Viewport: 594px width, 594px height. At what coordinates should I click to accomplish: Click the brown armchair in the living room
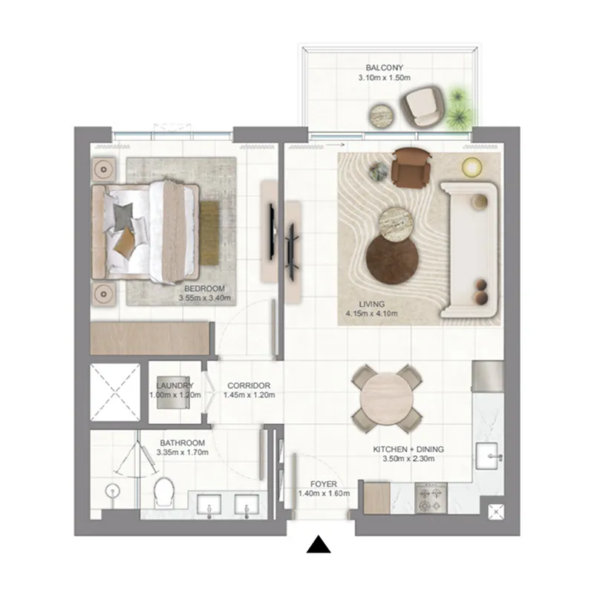pyautogui.click(x=411, y=167)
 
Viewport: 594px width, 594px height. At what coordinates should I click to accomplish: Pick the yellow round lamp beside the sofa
pyautogui.click(x=471, y=166)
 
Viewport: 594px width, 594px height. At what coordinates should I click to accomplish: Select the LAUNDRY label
pyautogui.click(x=175, y=385)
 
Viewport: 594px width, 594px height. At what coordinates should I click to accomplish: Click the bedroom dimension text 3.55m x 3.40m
pyautogui.click(x=206, y=298)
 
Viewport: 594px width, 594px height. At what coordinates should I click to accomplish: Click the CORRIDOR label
pyautogui.click(x=249, y=385)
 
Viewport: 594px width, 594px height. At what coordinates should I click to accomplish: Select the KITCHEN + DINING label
pyautogui.click(x=408, y=449)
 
